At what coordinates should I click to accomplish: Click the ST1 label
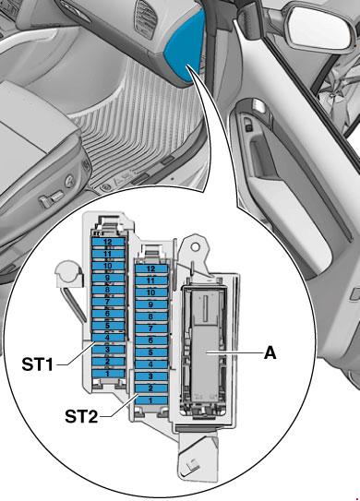pos(37,364)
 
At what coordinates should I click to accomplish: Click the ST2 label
pos(81,416)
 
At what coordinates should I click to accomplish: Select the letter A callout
pos(270,353)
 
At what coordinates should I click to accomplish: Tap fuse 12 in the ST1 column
pos(108,242)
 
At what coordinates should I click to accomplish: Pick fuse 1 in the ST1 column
pos(108,373)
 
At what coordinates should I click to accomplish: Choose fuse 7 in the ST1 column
pos(108,302)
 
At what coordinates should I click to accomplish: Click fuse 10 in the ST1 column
pos(108,266)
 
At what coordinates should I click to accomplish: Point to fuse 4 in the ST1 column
pos(108,338)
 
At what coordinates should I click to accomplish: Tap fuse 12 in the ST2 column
pos(151,269)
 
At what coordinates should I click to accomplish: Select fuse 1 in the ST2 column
pos(151,400)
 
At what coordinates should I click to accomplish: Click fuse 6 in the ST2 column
pos(151,340)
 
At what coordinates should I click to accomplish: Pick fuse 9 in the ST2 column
pos(151,304)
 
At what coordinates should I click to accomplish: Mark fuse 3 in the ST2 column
pos(151,376)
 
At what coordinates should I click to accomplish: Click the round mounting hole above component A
pos(196,246)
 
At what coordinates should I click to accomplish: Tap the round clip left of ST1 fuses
pos(67,272)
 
